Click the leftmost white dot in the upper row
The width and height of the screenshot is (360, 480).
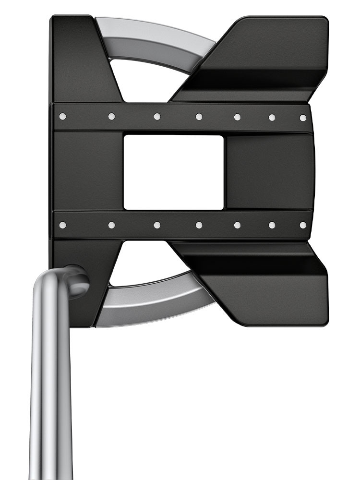point(62,116)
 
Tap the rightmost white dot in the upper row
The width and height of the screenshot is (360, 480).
point(303,118)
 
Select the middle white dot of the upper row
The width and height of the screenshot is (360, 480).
point(199,117)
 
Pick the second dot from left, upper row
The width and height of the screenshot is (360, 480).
point(111,116)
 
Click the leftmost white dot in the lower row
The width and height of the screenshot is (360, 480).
point(62,225)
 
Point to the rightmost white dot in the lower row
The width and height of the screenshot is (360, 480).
point(303,225)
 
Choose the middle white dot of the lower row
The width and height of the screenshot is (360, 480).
point(199,225)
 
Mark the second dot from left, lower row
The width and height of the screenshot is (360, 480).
point(111,225)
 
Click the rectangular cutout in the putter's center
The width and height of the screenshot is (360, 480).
point(173,172)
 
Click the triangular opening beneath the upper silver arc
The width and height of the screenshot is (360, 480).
point(144,82)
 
